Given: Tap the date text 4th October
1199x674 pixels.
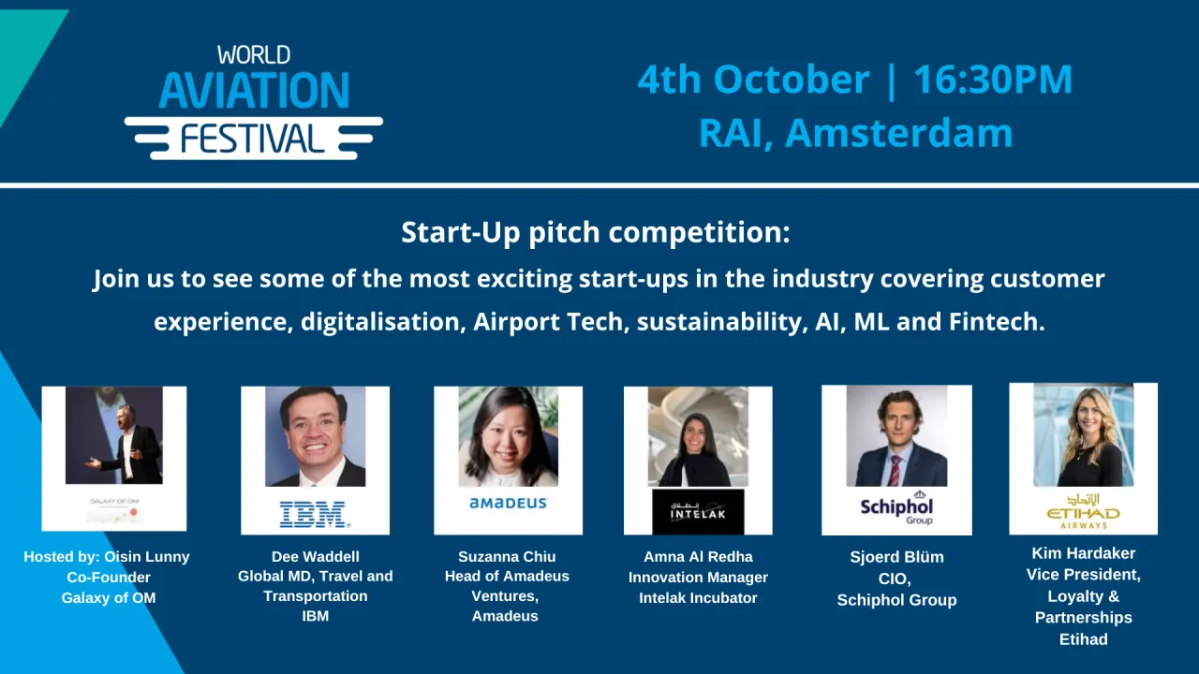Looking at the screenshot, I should [x=753, y=81].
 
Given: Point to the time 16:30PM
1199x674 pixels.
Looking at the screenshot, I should [x=993, y=81].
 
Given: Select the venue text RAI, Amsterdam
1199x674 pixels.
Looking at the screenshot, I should [x=855, y=133].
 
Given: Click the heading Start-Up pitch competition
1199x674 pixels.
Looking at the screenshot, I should [x=596, y=232].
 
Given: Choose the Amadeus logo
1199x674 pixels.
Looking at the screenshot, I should [x=508, y=504].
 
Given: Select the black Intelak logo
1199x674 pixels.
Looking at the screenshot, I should [x=698, y=511].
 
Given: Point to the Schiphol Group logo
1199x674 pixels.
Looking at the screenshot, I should [x=896, y=508].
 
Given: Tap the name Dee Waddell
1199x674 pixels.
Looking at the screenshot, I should [x=316, y=557].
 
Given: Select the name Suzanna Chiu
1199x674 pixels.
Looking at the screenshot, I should [x=506, y=557].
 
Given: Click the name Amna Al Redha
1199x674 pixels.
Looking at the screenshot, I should [x=698, y=557].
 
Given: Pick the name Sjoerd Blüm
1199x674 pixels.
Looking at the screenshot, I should [x=896, y=557].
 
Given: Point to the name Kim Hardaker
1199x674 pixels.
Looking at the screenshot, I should [x=1083, y=553].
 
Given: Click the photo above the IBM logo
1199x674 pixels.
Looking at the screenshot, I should [x=315, y=436].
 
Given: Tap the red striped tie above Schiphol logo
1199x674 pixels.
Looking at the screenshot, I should [x=895, y=469].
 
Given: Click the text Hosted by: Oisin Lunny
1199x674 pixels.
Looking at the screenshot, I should [x=107, y=557].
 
